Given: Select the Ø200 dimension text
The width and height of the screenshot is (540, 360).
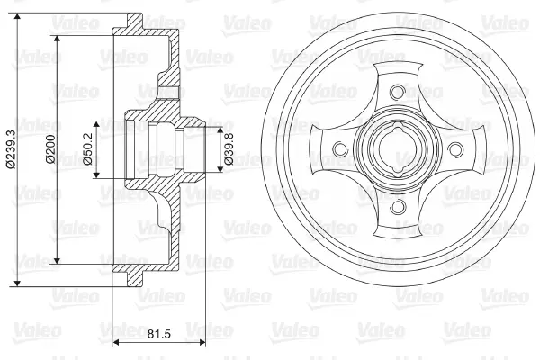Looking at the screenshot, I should tap(51, 149).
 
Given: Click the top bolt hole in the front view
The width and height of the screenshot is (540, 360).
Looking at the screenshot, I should tap(397, 91).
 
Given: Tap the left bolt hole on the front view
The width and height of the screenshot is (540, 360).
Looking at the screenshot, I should tap(337, 150).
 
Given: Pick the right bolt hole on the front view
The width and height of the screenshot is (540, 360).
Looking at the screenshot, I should tap(456, 150).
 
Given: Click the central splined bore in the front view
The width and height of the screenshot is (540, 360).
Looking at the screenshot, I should tap(397, 150).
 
